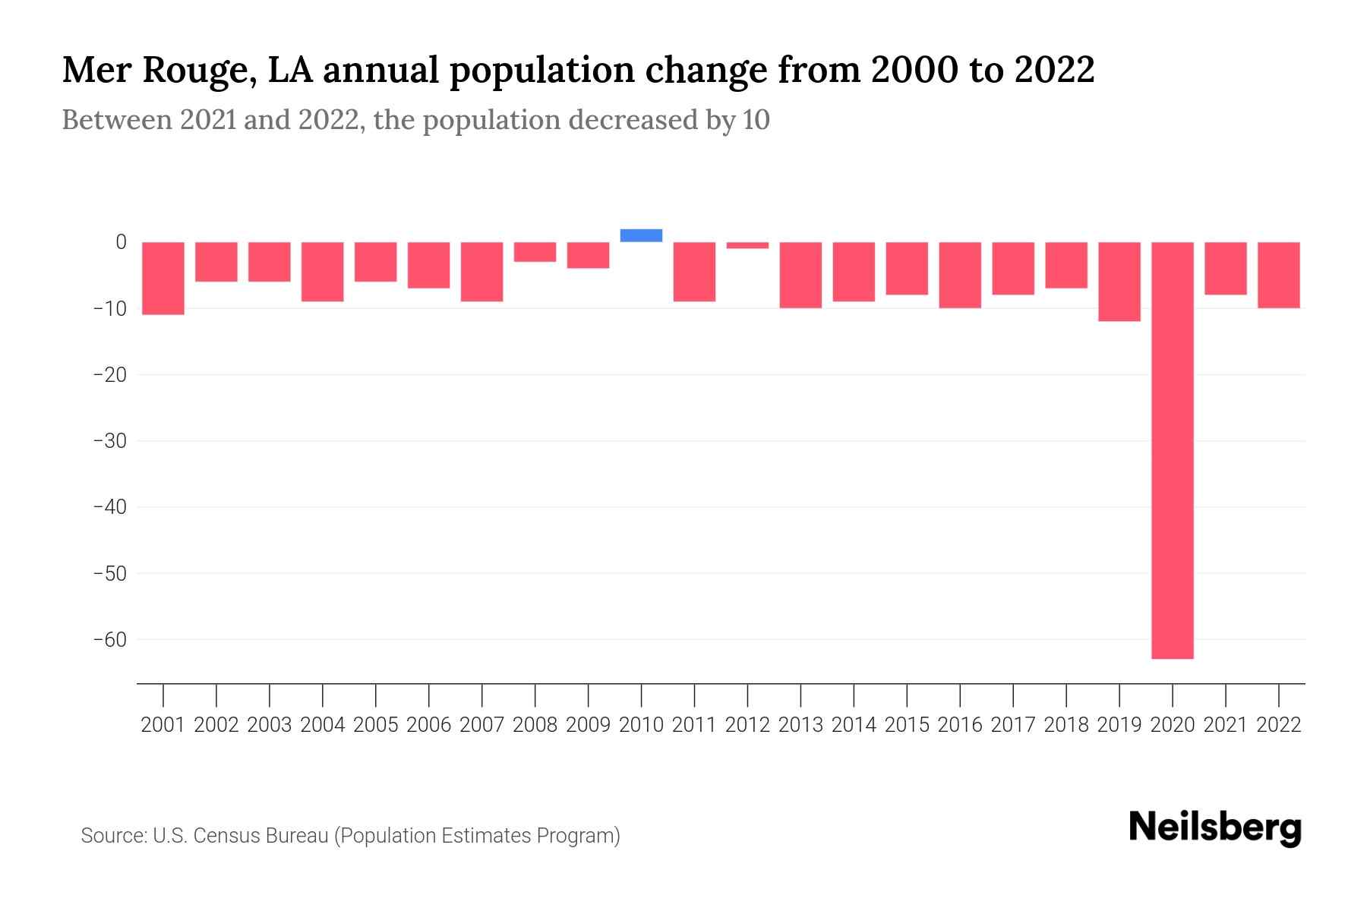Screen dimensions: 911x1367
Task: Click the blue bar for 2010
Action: click(x=641, y=235)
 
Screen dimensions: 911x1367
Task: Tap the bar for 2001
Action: click(x=163, y=278)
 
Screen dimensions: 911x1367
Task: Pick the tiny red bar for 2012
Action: click(x=747, y=245)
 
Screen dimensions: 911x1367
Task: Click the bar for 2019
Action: click(x=1119, y=282)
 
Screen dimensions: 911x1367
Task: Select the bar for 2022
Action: click(x=1278, y=275)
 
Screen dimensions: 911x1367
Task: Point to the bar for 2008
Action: click(x=535, y=252)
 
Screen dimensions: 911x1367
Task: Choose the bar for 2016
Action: click(x=960, y=275)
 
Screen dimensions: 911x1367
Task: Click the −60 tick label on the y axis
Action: click(x=110, y=639)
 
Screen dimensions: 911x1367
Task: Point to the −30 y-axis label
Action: click(x=110, y=441)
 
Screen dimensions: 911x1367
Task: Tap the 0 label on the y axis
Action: click(x=121, y=242)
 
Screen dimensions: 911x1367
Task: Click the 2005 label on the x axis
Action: click(x=375, y=725)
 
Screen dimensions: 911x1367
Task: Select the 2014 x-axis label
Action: click(x=854, y=725)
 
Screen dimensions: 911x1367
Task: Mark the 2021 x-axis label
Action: click(x=1225, y=725)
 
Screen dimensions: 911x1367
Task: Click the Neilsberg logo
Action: click(x=1215, y=827)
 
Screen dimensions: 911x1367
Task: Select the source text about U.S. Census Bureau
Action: click(x=350, y=836)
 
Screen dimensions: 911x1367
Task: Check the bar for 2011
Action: click(x=694, y=272)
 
